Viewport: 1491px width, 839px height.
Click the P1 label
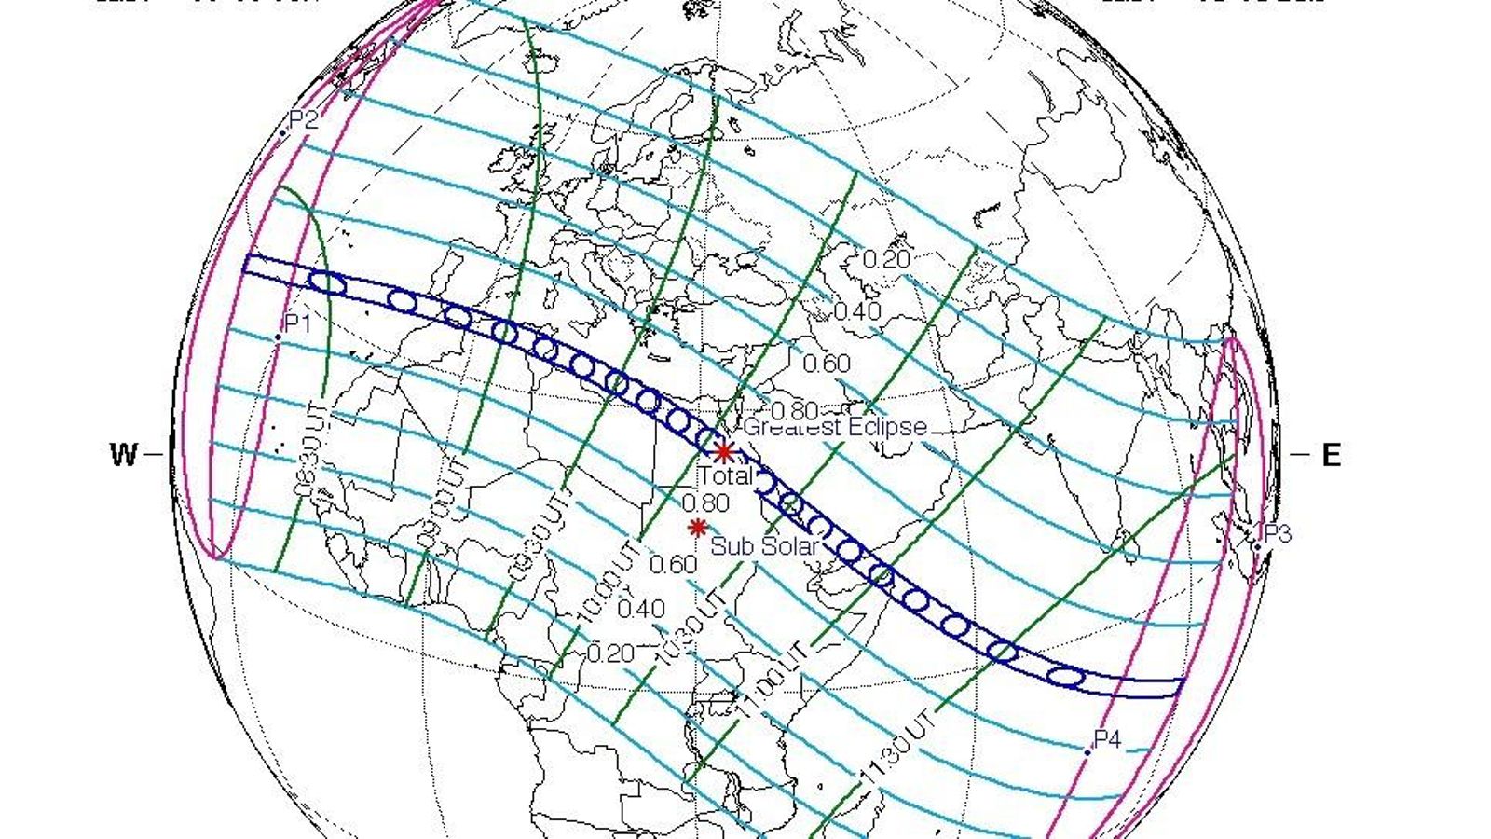pos(297,323)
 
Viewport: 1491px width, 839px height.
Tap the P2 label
pos(304,119)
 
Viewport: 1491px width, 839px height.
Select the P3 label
pos(1278,534)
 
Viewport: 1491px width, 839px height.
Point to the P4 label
pos(1107,740)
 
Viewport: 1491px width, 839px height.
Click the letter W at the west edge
pos(124,455)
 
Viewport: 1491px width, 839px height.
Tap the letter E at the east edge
pos(1331,455)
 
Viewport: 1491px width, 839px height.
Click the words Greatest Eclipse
pos(836,427)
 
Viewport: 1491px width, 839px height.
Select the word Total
pos(726,475)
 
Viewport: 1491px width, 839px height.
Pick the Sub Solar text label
pos(764,546)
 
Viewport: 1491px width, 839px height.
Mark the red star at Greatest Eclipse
pos(723,452)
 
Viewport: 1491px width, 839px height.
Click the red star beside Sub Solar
pos(697,528)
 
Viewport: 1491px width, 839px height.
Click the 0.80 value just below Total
pos(705,503)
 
